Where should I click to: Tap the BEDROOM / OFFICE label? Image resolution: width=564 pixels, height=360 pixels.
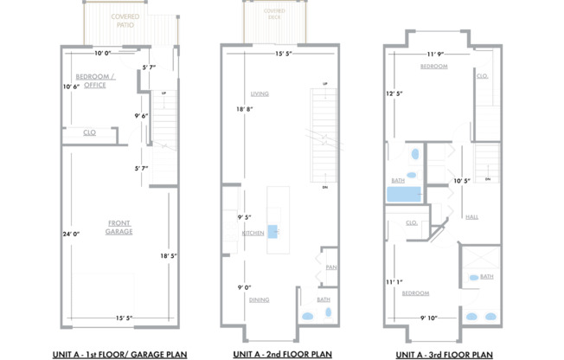pyautogui.click(x=95, y=80)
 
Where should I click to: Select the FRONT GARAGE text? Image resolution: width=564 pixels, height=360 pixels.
pyautogui.click(x=119, y=227)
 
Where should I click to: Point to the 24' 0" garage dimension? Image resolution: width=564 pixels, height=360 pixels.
pyautogui.click(x=70, y=234)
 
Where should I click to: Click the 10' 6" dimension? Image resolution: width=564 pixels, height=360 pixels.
pyautogui.click(x=70, y=86)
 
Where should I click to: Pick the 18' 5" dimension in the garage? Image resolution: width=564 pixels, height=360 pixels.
pyautogui.click(x=168, y=255)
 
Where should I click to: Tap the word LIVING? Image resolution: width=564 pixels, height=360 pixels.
pyautogui.click(x=259, y=93)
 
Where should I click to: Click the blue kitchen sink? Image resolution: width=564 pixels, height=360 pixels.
pyautogui.click(x=273, y=231)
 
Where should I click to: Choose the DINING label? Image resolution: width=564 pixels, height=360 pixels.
pyautogui.click(x=259, y=299)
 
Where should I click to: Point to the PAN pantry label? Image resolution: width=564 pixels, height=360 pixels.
pyautogui.click(x=330, y=267)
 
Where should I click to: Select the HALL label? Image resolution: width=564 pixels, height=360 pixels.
pyautogui.click(x=471, y=216)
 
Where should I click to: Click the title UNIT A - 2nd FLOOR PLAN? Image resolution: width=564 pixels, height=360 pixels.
pyautogui.click(x=282, y=354)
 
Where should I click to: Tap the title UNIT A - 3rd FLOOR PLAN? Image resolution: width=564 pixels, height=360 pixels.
pyautogui.click(x=444, y=354)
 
